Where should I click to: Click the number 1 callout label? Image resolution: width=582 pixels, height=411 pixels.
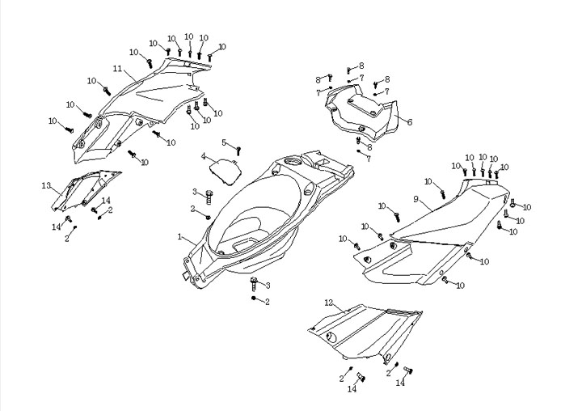click(180, 237)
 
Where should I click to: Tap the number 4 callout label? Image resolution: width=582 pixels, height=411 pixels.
click(204, 156)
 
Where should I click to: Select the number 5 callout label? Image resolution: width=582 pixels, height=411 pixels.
click(224, 142)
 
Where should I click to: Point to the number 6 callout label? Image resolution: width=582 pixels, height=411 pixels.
click(410, 122)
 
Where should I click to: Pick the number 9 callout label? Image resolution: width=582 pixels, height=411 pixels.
click(415, 199)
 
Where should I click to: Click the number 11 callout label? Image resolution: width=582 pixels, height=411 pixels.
click(117, 68)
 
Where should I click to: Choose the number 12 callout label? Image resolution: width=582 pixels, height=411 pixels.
click(328, 303)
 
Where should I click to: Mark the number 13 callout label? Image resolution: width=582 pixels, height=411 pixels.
click(46, 185)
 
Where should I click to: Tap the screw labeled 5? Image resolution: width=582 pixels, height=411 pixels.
click(238, 149)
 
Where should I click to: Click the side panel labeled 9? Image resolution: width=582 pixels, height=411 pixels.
click(436, 235)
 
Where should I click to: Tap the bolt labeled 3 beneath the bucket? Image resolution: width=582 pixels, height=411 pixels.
click(255, 283)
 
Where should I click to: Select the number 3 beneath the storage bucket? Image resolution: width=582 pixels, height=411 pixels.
click(268, 286)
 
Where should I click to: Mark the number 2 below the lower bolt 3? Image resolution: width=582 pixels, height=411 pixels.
click(268, 302)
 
